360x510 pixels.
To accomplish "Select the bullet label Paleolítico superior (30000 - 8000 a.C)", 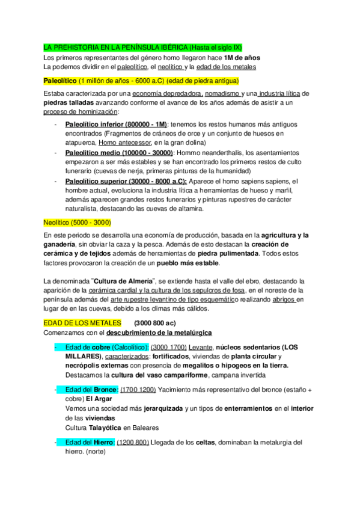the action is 125,182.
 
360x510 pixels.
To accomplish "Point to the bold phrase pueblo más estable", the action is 190,263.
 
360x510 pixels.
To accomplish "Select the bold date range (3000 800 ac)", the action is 154,323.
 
